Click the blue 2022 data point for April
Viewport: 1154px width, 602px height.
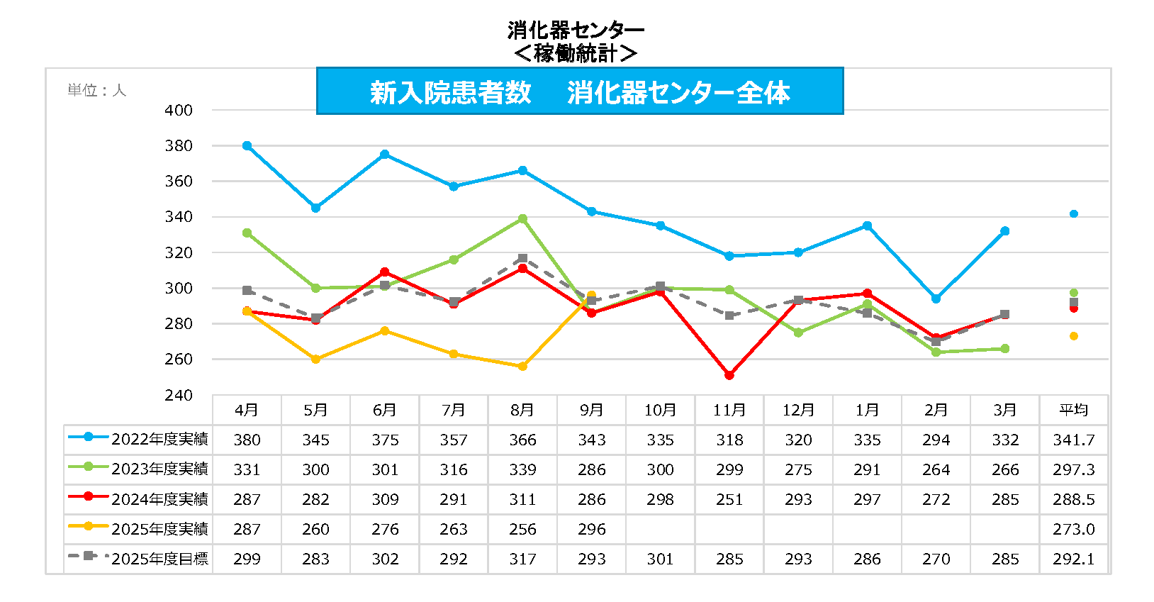click(247, 146)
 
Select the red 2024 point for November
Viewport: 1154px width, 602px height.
click(729, 375)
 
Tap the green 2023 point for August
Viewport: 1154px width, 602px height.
click(522, 219)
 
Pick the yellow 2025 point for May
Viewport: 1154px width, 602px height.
click(315, 359)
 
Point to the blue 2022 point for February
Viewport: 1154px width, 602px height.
click(936, 299)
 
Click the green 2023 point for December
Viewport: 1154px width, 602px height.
click(798, 333)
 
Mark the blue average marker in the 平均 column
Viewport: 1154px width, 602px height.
click(1073, 214)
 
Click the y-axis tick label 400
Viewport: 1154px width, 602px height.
click(179, 111)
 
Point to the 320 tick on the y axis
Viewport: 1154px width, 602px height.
click(179, 253)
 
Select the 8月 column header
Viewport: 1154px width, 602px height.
click(522, 411)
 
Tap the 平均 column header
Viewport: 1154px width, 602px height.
click(1073, 411)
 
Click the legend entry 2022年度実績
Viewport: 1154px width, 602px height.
click(159, 440)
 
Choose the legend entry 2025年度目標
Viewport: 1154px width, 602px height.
click(159, 559)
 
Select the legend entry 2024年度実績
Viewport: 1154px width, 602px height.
click(159, 499)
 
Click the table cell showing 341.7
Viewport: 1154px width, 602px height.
click(1073, 440)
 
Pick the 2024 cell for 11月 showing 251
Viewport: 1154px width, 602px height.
click(729, 500)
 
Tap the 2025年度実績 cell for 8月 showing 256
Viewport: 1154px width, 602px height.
click(522, 530)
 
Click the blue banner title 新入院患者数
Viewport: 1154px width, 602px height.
click(451, 93)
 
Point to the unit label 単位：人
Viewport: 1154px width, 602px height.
click(96, 91)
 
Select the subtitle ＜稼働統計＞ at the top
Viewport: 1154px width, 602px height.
click(576, 53)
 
